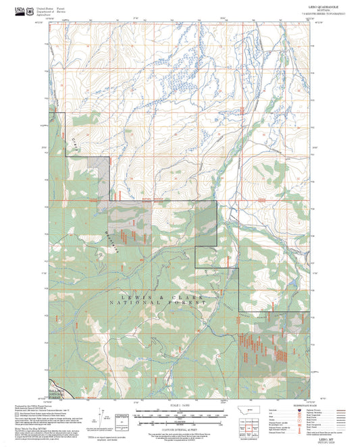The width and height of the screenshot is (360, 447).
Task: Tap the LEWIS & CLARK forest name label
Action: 161,296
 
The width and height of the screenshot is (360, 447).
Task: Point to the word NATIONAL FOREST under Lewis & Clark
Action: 162,303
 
